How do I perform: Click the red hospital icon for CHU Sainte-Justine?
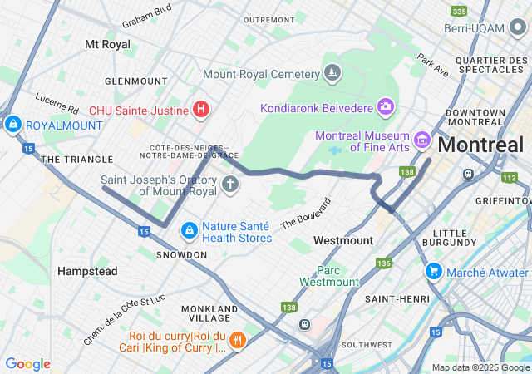(200, 108)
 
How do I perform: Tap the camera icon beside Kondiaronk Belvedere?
(385, 106)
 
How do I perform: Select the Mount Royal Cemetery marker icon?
(332, 74)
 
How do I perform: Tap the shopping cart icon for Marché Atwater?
(433, 272)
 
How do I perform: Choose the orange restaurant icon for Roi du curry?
(238, 340)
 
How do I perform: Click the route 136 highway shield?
(383, 263)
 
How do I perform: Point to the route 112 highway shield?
(510, 177)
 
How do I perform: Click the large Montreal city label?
(480, 145)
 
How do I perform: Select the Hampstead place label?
(87, 271)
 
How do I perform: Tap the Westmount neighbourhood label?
(343, 240)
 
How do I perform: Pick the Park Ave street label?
(432, 66)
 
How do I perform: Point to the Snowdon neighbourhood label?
(181, 254)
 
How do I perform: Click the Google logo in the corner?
(28, 364)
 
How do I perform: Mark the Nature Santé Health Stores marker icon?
(189, 229)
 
